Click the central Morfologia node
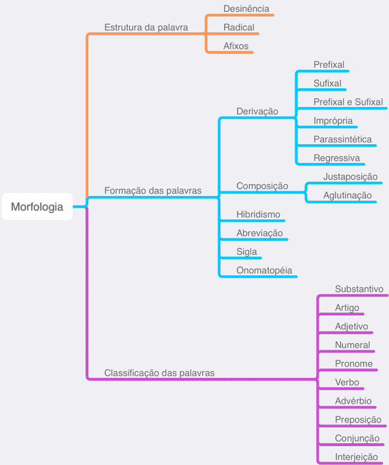pyautogui.click(x=37, y=207)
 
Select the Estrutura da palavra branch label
pyautogui.click(x=146, y=28)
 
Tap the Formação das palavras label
pyautogui.click(x=153, y=190)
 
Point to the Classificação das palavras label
pyautogui.click(x=160, y=373)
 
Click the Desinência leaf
pyautogui.click(x=246, y=9)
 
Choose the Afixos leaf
pyautogui.click(x=236, y=46)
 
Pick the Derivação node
pyautogui.click(x=258, y=111)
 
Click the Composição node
pyautogui.click(x=262, y=186)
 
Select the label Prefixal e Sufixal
pyautogui.click(x=348, y=102)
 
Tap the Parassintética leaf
pyautogui.click(x=342, y=139)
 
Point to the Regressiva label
pyautogui.click(x=337, y=158)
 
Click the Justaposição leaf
pyautogui.click(x=351, y=177)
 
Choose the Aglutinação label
pyautogui.click(x=347, y=195)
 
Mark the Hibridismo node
pyautogui.click(x=258, y=214)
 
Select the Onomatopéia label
pyautogui.click(x=264, y=270)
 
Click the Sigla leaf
pyautogui.click(x=247, y=252)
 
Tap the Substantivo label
pyautogui.click(x=360, y=289)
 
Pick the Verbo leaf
pyautogui.click(x=347, y=382)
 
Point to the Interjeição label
pyautogui.click(x=357, y=457)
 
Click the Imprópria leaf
pyautogui.click(x=333, y=121)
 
